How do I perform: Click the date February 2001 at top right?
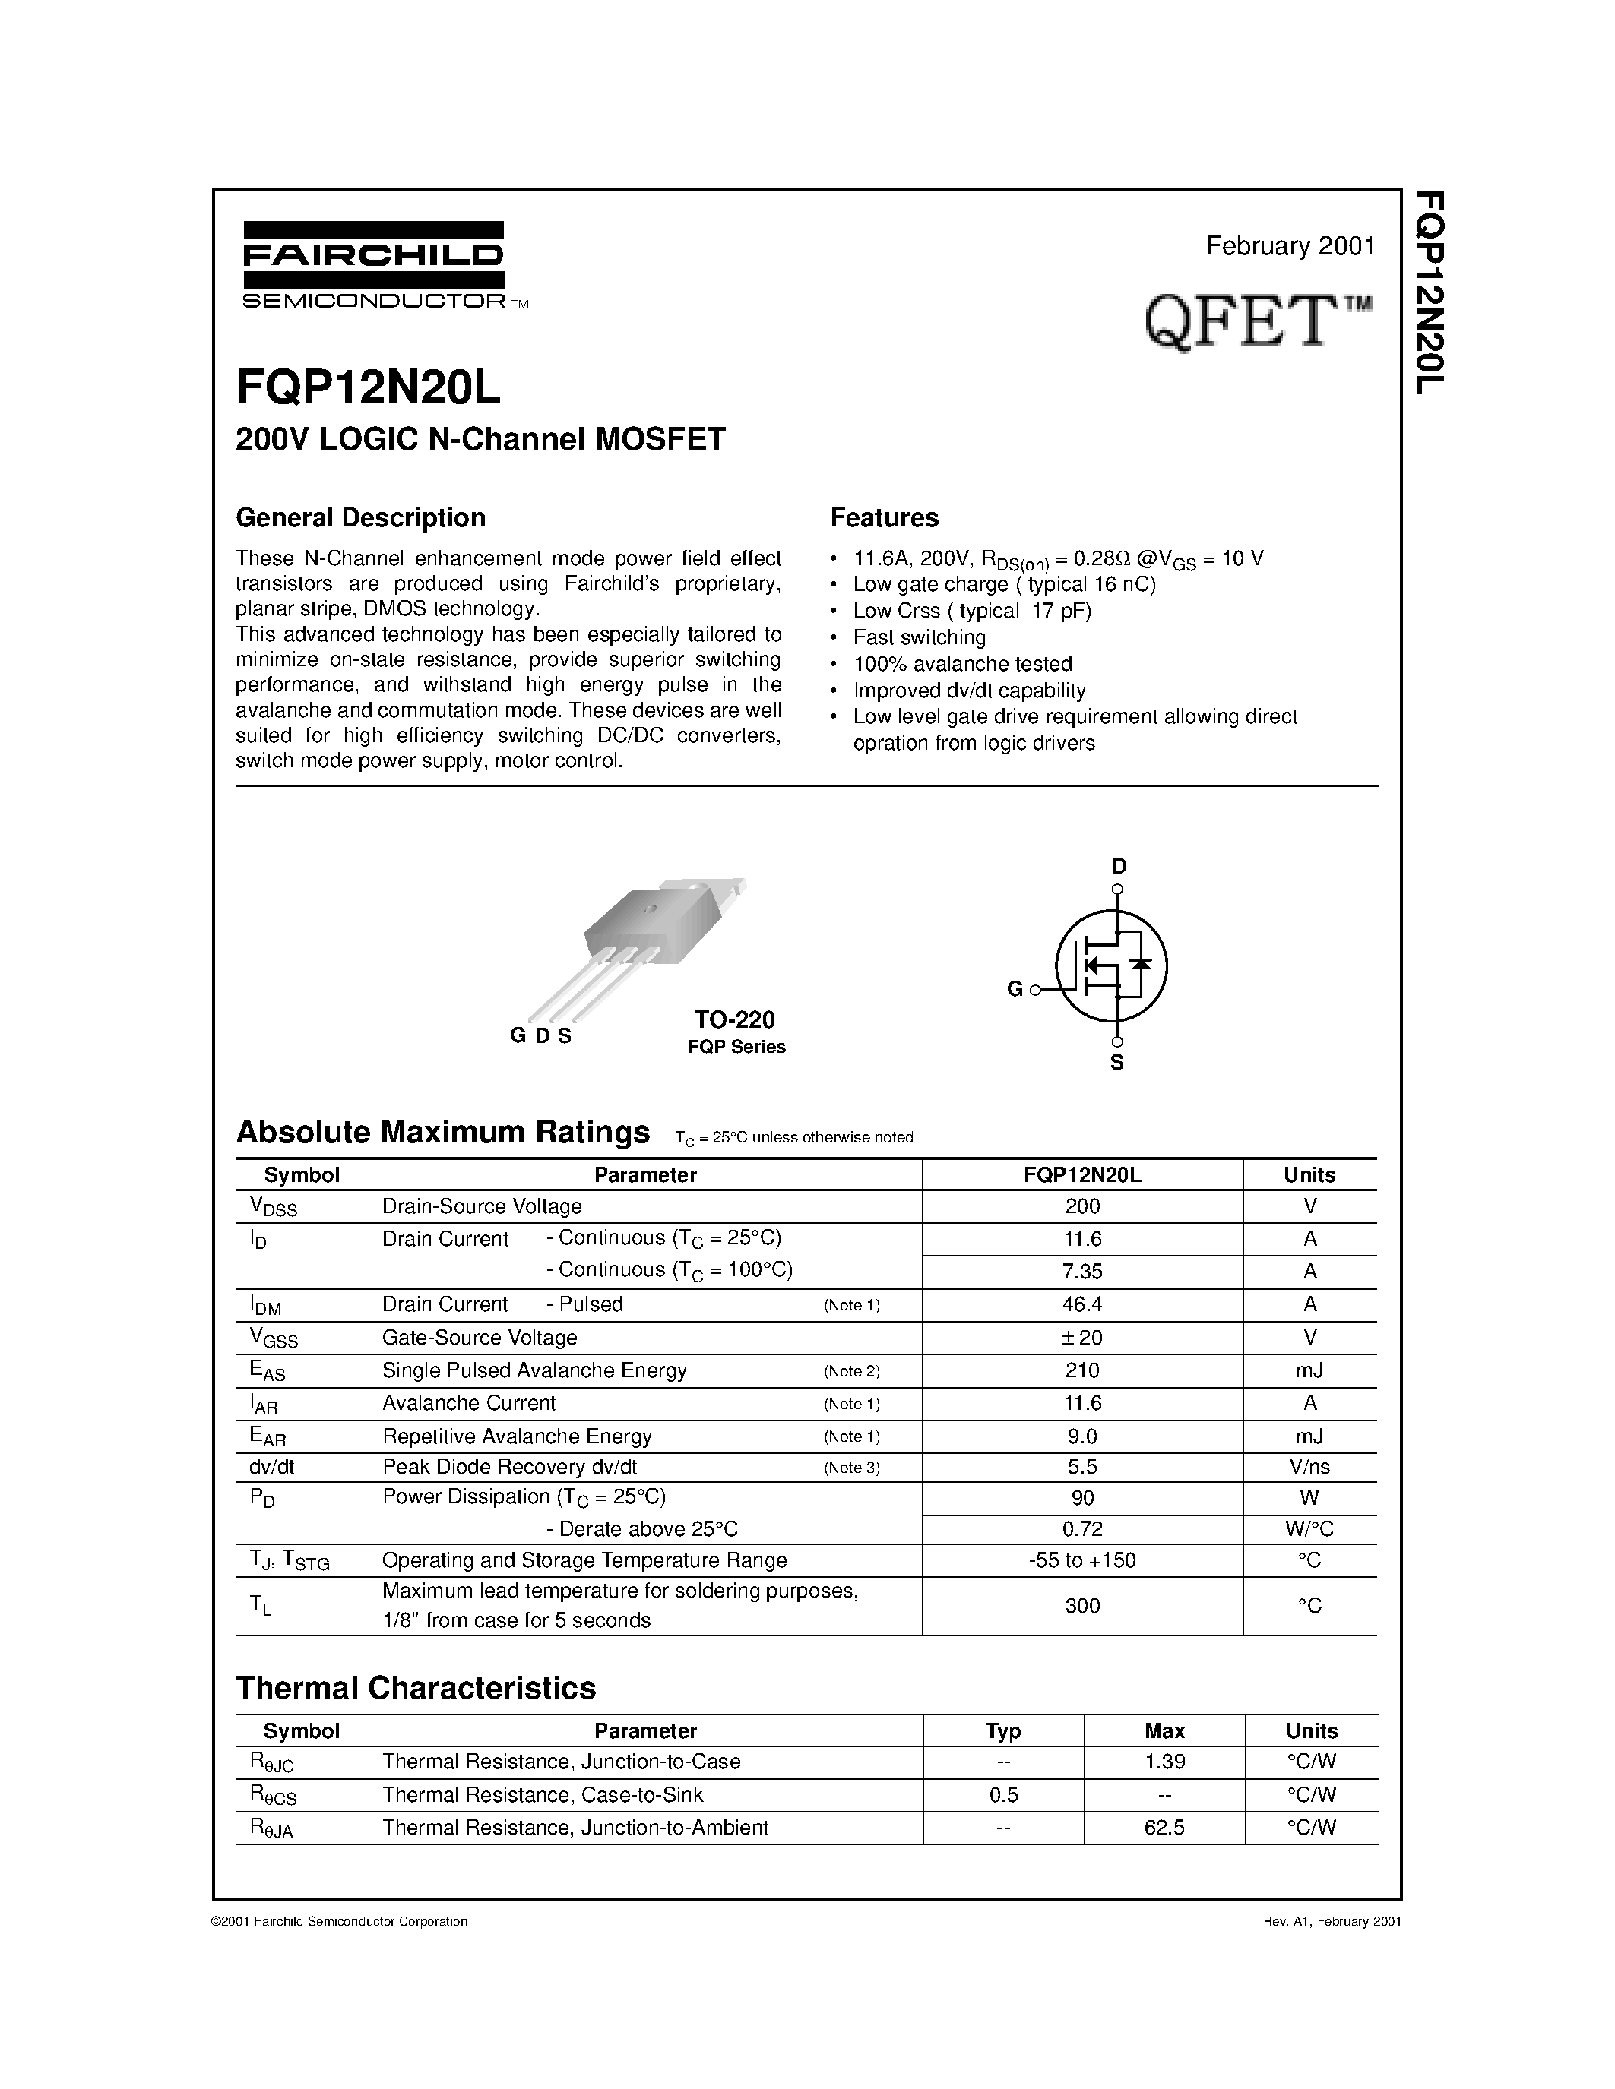pyautogui.click(x=1290, y=246)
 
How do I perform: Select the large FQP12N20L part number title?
pyautogui.click(x=369, y=387)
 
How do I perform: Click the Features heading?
pyautogui.click(x=884, y=517)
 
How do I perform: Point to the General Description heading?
pyautogui.click(x=361, y=517)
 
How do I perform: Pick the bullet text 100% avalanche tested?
pyautogui.click(x=962, y=664)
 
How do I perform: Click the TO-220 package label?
pyautogui.click(x=735, y=1019)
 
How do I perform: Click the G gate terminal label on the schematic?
pyautogui.click(x=1015, y=989)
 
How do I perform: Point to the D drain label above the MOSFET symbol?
pyautogui.click(x=1119, y=867)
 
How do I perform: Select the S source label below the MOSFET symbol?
pyautogui.click(x=1116, y=1063)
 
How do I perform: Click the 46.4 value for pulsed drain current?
pyautogui.click(x=1082, y=1304)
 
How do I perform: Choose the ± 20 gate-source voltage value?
pyautogui.click(x=1082, y=1337)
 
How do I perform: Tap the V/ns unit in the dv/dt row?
pyautogui.click(x=1309, y=1468)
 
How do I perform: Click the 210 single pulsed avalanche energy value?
pyautogui.click(x=1082, y=1370)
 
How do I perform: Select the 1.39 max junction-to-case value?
pyautogui.click(x=1164, y=1762)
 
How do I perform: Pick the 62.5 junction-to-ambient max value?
pyautogui.click(x=1164, y=1827)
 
